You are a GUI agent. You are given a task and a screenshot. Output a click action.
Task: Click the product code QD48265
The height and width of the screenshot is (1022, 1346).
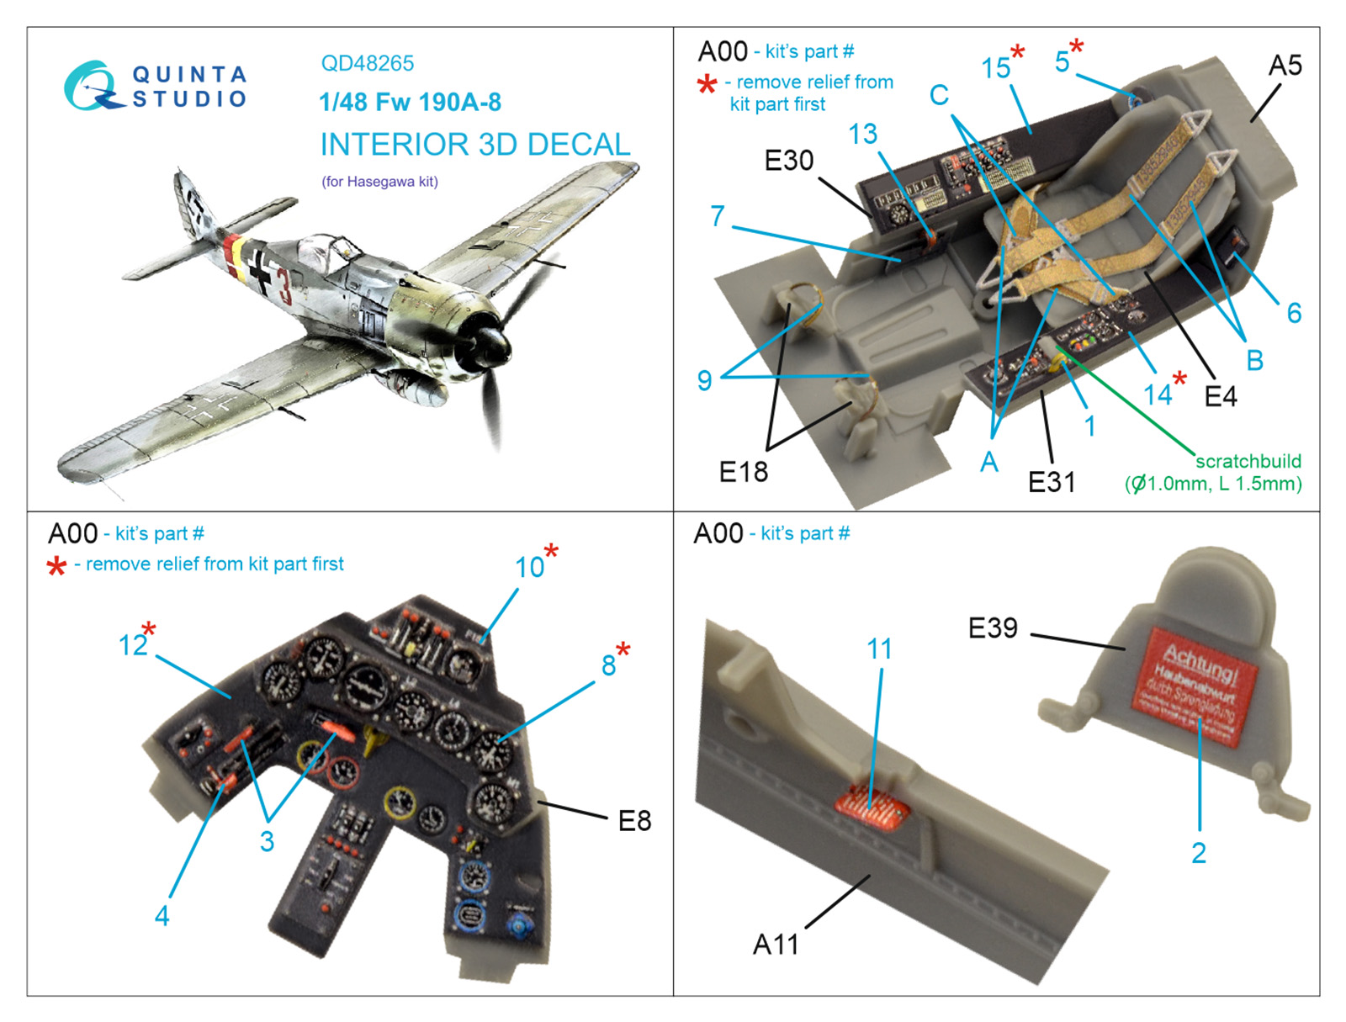click(368, 63)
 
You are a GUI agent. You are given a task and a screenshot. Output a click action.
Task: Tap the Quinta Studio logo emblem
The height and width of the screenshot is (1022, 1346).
click(91, 85)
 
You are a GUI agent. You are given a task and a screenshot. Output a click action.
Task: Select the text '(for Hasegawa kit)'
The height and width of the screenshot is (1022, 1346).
click(379, 181)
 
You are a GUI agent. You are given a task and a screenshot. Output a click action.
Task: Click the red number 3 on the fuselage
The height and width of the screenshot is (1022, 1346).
click(285, 287)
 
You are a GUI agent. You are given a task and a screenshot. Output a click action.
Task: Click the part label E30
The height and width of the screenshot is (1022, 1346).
click(788, 160)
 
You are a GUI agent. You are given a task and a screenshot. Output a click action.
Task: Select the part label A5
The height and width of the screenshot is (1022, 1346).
click(1285, 65)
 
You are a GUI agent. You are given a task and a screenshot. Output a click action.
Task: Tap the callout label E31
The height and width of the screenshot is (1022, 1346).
click(1052, 482)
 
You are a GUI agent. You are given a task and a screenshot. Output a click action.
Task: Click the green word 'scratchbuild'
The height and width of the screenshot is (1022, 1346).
click(1248, 461)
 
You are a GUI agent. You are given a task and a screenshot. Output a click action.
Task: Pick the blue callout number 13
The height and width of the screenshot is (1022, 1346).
click(862, 134)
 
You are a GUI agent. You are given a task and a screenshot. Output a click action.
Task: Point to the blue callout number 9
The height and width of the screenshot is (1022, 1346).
click(705, 380)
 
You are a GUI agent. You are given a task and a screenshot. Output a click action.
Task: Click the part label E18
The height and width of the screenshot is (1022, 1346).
click(744, 472)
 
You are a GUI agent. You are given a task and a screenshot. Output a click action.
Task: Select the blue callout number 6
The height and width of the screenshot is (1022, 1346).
click(1294, 313)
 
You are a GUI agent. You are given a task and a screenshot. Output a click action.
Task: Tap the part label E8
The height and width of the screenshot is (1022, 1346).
click(634, 820)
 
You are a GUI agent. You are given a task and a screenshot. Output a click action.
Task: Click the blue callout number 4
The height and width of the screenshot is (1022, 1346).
click(162, 915)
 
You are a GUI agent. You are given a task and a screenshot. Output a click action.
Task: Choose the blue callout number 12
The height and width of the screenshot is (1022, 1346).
click(133, 644)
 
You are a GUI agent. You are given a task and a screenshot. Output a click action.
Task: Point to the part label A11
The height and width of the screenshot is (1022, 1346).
click(775, 944)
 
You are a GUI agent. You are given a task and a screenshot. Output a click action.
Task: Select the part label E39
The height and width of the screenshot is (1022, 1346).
click(993, 627)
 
